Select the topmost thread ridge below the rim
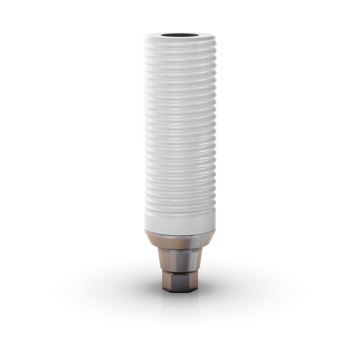click(180, 48)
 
